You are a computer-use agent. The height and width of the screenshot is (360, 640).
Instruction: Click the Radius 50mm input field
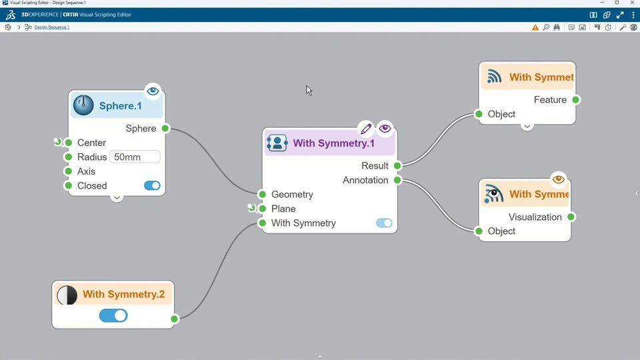coord(135,157)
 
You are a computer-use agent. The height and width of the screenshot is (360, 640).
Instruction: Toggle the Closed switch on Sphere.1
coord(152,186)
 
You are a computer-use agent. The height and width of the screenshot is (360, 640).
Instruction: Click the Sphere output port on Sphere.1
coord(165,129)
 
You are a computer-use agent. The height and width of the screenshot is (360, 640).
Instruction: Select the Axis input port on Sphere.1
coord(69,171)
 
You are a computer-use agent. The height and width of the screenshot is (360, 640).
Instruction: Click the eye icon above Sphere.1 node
coord(153,91)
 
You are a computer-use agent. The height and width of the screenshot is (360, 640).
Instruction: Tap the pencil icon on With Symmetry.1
coord(365,129)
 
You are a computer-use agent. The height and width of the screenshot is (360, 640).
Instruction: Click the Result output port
coord(397,166)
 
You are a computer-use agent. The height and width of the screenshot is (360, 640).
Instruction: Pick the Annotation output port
coord(397,180)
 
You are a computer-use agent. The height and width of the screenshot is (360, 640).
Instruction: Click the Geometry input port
coord(263,195)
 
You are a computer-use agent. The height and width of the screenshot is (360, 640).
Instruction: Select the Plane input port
coord(263,209)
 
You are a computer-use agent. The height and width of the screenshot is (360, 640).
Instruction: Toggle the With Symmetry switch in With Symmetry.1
coord(384,223)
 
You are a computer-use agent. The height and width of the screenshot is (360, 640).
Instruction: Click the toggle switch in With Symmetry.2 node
coord(113,316)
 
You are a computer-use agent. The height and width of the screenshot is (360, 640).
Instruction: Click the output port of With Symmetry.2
coord(174,319)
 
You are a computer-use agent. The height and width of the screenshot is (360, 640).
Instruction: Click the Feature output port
coord(576,100)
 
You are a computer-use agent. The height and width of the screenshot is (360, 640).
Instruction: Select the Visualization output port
coord(571,217)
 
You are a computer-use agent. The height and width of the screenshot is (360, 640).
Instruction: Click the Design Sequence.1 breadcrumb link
coord(52,27)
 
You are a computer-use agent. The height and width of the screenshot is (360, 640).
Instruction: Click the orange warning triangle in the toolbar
coord(535,27)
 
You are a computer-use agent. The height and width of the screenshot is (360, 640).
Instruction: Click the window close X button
coord(632,3)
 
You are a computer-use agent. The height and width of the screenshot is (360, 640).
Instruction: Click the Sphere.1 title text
coord(121,106)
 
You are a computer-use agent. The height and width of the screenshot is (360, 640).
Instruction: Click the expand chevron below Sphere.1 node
coord(117,198)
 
